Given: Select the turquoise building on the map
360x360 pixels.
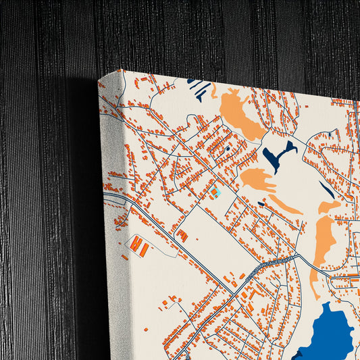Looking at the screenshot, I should [216, 192].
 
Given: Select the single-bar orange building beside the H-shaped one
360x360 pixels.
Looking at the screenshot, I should [145, 251].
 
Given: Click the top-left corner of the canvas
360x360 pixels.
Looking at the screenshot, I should [99, 79].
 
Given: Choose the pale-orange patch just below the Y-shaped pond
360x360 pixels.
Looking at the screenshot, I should [257, 180].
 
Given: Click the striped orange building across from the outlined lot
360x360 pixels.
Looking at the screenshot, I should [182, 236].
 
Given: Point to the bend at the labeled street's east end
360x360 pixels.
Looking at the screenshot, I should [297, 255].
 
